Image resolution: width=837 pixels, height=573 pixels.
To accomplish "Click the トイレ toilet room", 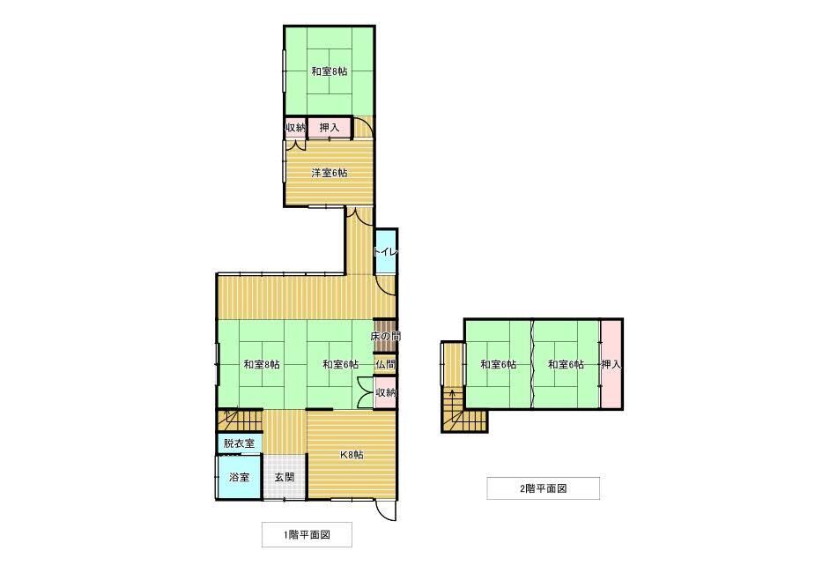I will [x=386, y=252].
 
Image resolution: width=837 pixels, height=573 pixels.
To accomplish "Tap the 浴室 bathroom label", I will [x=239, y=477].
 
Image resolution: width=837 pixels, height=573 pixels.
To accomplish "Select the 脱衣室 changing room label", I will [x=239, y=443].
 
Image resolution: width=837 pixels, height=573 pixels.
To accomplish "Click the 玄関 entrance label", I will [x=284, y=477].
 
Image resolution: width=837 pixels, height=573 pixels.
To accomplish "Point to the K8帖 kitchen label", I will [x=352, y=455].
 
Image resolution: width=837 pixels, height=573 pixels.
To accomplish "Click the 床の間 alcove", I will [x=386, y=337].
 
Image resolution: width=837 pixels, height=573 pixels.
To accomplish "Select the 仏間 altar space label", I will [x=385, y=364].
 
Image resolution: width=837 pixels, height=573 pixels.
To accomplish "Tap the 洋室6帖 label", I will [x=329, y=173].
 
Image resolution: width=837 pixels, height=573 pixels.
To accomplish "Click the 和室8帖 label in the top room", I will [x=329, y=72].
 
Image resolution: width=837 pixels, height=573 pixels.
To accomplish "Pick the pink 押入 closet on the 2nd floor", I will [x=611, y=364].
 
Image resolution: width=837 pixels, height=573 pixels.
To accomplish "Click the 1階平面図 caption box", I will [x=307, y=534].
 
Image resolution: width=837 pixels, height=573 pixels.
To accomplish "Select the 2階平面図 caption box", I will [x=543, y=487].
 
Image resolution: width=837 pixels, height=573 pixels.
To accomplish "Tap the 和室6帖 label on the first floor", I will [x=340, y=364].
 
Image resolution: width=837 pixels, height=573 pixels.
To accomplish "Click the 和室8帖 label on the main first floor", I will [x=262, y=364].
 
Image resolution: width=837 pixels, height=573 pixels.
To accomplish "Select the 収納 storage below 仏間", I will [x=385, y=392].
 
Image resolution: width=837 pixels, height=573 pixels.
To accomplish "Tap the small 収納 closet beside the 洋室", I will [x=294, y=128].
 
